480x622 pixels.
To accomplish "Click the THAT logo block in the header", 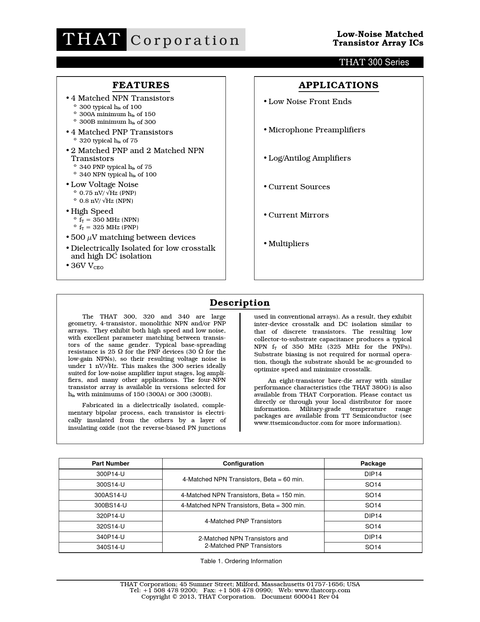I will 91,40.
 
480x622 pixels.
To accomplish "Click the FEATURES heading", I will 141,85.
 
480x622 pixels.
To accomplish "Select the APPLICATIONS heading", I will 338,85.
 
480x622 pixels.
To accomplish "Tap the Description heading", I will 240,303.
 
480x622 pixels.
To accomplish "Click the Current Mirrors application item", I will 298,215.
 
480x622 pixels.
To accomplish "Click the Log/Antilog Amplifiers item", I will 309,158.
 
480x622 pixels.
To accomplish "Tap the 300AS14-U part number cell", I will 110,495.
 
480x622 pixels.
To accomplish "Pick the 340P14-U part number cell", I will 110,537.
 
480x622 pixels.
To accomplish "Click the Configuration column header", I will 243,464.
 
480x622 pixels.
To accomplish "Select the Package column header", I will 373,464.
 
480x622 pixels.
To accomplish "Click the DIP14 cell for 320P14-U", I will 373,516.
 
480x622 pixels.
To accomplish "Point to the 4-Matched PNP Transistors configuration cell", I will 243,521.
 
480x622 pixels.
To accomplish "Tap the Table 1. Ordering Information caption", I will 241,561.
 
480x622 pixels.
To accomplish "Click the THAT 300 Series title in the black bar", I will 374,62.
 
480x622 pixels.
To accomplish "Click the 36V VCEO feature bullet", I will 87,266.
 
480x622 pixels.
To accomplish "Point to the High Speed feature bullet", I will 92,211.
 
